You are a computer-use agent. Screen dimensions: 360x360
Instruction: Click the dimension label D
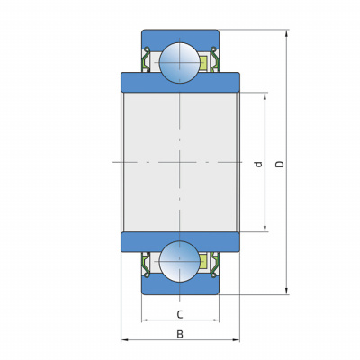tap(280, 164)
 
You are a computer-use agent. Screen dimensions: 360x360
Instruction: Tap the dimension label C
tap(180, 315)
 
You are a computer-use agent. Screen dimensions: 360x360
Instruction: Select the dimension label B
tap(180, 334)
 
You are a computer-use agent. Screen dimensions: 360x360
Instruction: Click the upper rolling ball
tap(180, 62)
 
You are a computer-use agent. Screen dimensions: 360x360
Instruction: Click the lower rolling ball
tap(180, 261)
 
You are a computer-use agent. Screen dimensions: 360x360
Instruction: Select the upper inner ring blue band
tap(180, 83)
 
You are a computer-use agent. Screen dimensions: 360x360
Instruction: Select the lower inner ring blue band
tap(180, 242)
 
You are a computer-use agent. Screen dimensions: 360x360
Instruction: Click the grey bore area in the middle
tap(180, 162)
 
